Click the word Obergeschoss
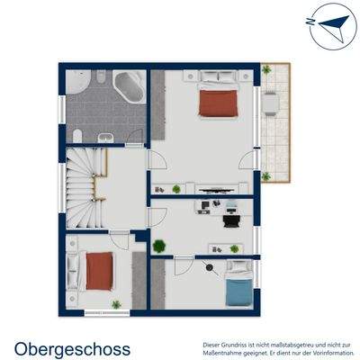(72, 348)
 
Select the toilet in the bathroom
(78, 135)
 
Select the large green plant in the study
(158, 245)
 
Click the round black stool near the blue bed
(209, 266)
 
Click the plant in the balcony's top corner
(267, 68)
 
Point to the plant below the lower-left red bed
(115, 304)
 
